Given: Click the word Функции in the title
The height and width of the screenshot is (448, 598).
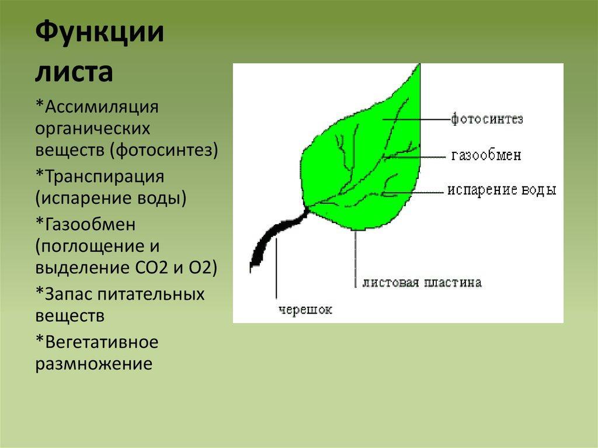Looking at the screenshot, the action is click(99, 33).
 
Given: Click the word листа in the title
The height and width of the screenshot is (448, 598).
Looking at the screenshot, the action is click(74, 72).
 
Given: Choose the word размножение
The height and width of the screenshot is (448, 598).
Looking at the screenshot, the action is click(94, 364).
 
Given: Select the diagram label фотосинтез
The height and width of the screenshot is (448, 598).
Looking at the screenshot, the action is click(487, 119).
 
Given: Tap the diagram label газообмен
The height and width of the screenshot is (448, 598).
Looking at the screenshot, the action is click(486, 155).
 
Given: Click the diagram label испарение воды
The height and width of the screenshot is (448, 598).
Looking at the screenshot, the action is click(502, 190).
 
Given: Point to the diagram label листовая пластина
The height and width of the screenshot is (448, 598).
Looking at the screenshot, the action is click(422, 282).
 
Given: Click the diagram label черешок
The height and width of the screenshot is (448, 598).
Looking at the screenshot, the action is click(305, 310).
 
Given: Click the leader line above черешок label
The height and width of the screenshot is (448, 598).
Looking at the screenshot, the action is click(276, 267).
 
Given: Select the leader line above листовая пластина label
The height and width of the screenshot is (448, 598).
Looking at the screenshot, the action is click(356, 259).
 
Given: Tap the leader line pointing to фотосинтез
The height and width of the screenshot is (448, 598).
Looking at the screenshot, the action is click(416, 119).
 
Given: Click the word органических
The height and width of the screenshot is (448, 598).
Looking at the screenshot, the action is click(93, 129).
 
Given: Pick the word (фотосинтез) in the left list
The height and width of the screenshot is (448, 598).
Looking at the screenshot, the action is click(164, 150).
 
